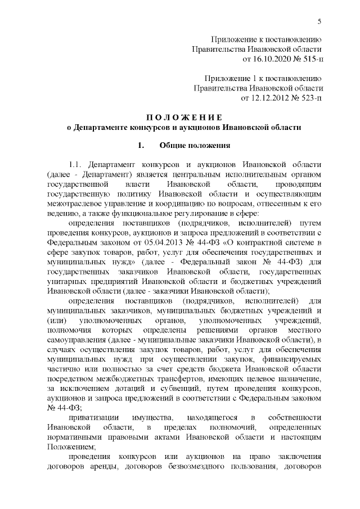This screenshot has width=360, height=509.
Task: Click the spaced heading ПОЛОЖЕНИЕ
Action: (x=184, y=117)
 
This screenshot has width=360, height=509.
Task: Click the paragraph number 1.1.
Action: (x=76, y=165)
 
